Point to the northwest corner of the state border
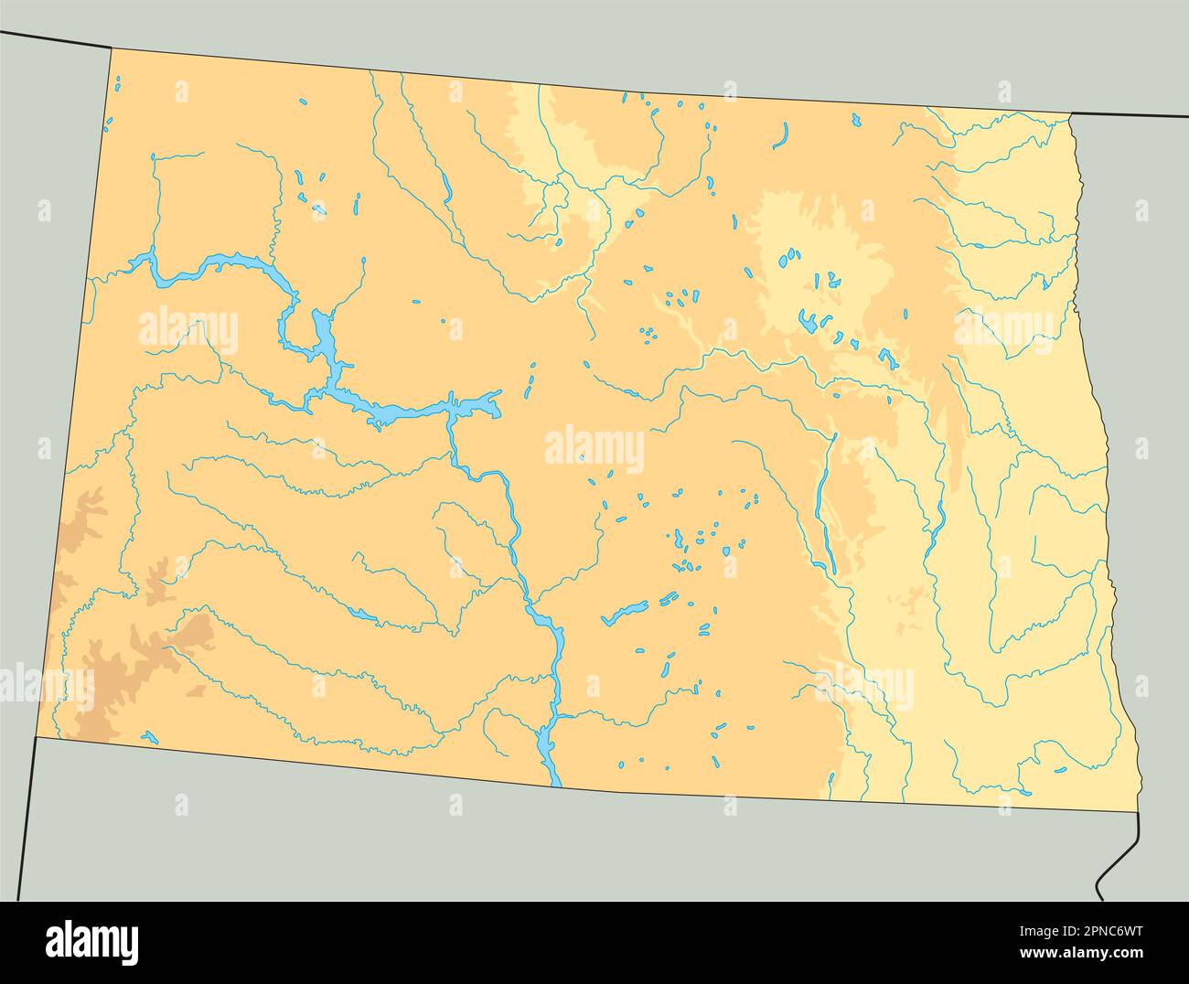click(x=112, y=48)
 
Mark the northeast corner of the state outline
click(x=1071, y=113)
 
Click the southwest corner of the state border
click(x=36, y=737)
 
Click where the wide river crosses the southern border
click(x=553, y=783)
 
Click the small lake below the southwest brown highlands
click(x=150, y=735)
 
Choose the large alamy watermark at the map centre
click(x=594, y=449)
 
